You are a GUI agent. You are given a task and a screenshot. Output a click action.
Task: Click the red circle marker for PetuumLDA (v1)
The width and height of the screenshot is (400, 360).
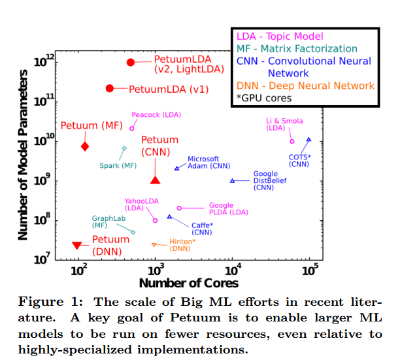coord(110,88)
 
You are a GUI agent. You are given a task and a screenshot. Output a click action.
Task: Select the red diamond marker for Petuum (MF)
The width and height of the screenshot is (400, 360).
coord(85,146)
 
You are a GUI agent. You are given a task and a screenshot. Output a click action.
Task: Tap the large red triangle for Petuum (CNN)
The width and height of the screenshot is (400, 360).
coord(155,180)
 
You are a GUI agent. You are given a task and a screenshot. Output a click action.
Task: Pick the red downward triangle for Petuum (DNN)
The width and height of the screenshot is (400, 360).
coord(76,245)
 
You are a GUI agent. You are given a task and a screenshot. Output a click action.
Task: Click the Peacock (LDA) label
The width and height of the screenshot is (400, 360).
coord(156,115)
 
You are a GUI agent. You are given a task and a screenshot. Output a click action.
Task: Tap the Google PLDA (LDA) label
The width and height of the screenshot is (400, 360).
coord(228,208)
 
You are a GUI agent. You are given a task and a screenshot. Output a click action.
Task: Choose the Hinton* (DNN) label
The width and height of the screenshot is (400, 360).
coord(183,244)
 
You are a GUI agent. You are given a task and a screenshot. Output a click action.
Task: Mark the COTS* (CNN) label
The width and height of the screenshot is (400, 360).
coord(299,160)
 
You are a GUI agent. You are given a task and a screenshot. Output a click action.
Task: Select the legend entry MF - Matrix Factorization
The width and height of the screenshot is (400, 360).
coord(296,49)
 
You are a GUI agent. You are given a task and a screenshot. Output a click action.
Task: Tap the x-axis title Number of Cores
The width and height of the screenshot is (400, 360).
coord(188,283)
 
